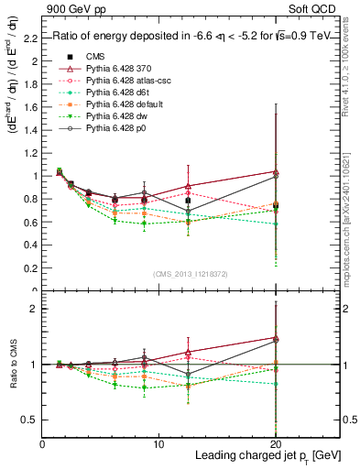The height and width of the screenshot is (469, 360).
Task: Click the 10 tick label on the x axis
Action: [x=158, y=444]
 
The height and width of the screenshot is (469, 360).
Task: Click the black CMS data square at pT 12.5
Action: [x=188, y=201]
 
